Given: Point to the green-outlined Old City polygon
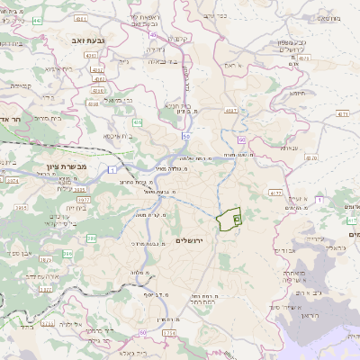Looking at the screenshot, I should (x=230, y=218).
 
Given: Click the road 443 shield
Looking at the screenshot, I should (x=36, y=20).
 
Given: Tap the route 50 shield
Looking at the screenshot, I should (x=186, y=135).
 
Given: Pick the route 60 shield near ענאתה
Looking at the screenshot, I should (x=242, y=140).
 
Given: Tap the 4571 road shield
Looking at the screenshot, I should (x=341, y=115).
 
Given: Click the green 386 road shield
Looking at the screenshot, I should (x=93, y=238).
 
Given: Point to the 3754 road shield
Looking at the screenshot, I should (x=169, y=333).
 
